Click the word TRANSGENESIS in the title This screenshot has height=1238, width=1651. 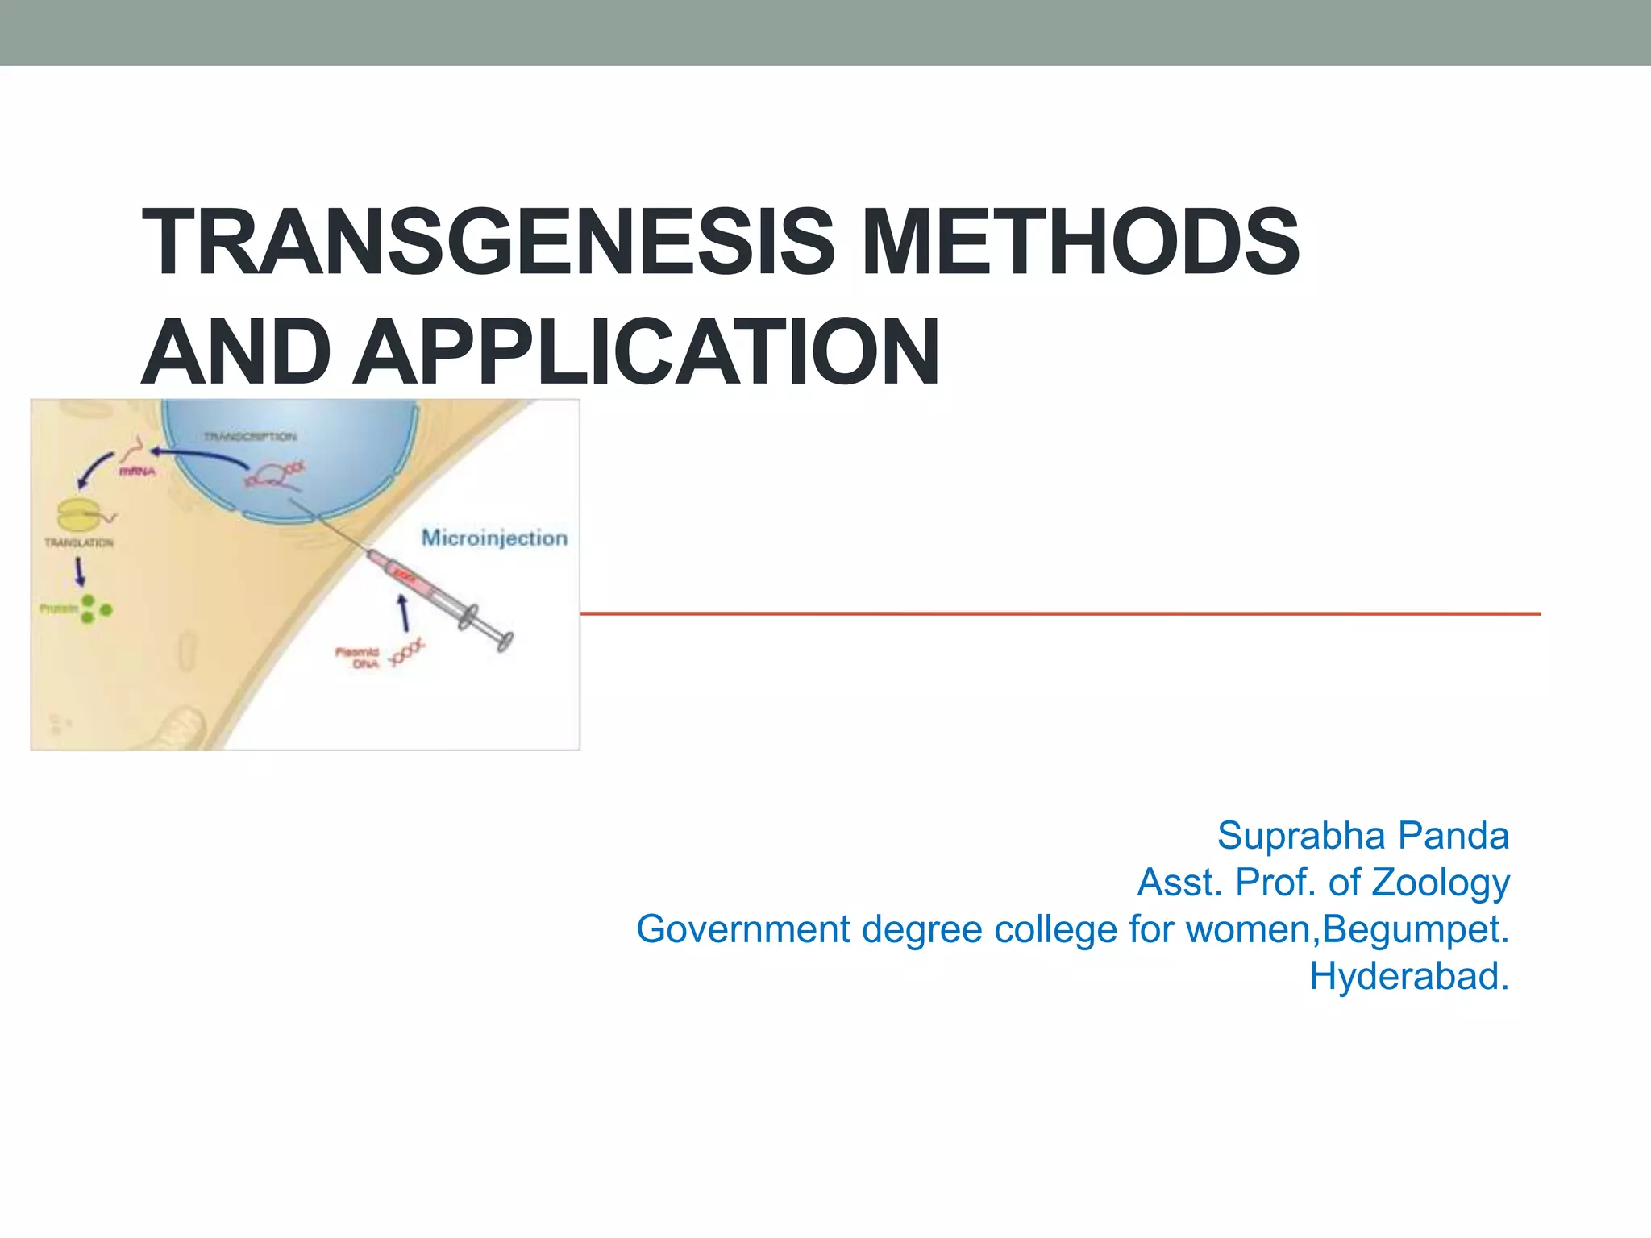click(x=488, y=242)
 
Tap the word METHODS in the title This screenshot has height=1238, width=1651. click(x=1080, y=242)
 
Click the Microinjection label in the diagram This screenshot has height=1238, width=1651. click(x=494, y=538)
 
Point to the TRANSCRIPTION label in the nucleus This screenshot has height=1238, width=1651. click(x=250, y=437)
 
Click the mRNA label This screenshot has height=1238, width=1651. click(x=137, y=471)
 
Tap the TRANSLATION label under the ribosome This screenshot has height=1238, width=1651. click(x=79, y=543)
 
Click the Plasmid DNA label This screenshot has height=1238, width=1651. click(x=357, y=658)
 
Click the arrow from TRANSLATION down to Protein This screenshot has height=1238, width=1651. click(x=80, y=572)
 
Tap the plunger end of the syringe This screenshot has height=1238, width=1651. click(x=504, y=641)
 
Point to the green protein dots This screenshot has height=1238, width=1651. click(x=96, y=609)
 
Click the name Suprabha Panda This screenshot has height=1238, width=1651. click(x=1362, y=836)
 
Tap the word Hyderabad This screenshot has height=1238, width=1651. click(x=1408, y=977)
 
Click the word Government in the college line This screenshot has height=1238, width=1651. click(x=742, y=929)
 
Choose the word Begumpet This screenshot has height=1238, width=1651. click(x=1416, y=930)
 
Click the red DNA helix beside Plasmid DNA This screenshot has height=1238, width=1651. click(x=407, y=653)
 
